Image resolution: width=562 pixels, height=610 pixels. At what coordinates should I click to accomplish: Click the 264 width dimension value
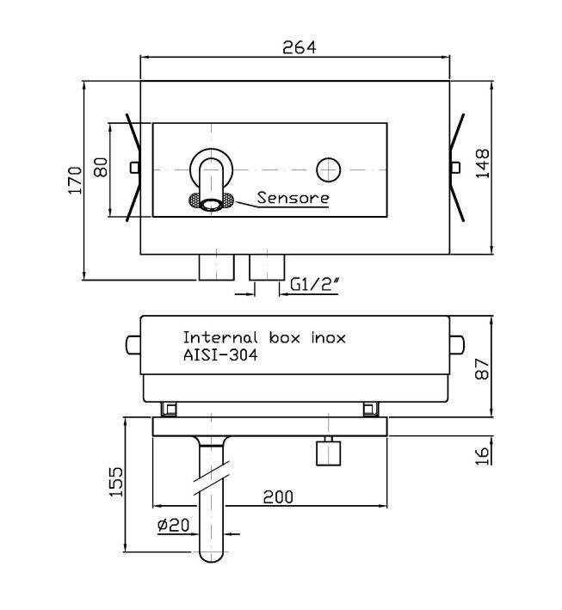[299, 47]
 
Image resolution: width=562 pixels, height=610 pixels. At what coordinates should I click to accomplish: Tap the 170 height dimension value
[75, 180]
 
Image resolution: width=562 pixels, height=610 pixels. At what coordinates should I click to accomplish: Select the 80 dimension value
[102, 167]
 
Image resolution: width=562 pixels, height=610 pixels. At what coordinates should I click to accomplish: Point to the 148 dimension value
[483, 163]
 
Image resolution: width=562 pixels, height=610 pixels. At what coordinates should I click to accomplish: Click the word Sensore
[293, 198]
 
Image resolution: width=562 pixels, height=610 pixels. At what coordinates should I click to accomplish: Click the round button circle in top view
[329, 170]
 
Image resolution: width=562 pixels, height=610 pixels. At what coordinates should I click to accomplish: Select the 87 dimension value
[482, 369]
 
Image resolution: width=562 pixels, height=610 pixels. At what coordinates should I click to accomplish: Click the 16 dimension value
[482, 455]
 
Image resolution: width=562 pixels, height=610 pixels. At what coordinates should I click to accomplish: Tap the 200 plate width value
[278, 496]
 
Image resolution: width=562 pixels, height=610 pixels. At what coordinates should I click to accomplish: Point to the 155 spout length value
[116, 481]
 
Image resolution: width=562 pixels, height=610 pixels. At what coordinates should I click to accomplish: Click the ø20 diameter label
[173, 525]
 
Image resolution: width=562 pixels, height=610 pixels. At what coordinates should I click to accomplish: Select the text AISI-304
[220, 354]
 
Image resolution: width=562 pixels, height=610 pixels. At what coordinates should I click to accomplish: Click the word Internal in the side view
[220, 337]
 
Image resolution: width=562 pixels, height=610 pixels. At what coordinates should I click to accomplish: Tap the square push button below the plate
[329, 453]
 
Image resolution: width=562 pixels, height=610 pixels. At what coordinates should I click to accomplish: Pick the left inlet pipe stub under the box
[216, 268]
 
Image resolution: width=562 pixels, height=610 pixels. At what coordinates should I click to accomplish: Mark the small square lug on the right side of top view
[455, 167]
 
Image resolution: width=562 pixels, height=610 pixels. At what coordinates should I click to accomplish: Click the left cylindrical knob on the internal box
[133, 345]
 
